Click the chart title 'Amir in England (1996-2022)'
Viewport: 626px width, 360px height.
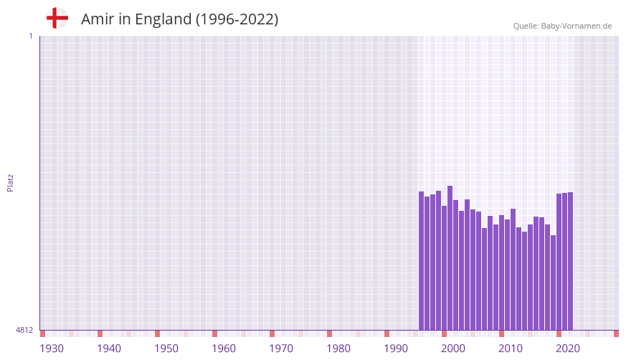coord(179,19)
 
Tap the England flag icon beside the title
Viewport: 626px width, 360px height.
coord(57,18)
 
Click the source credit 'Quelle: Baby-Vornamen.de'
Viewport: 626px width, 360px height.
coord(562,26)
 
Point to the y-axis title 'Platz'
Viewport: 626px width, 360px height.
coord(10,182)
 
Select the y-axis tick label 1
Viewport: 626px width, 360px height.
coord(30,36)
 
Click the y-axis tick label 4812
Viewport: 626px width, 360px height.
coord(24,330)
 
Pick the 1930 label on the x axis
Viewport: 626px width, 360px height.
coord(52,349)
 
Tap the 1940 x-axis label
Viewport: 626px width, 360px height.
coord(109,349)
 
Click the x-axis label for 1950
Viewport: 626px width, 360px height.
coord(166,349)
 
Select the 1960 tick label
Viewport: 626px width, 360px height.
coord(224,349)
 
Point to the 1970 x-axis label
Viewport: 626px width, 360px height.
coord(281,349)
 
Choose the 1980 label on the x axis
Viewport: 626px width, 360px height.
coord(338,349)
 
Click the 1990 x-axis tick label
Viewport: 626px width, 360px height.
coord(396,349)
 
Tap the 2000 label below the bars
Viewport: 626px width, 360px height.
coord(453,349)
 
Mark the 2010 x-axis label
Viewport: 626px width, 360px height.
coord(511,349)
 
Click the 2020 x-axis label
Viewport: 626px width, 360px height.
coord(568,349)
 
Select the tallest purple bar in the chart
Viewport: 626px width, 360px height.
coord(450,258)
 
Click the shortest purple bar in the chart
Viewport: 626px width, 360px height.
coord(553,283)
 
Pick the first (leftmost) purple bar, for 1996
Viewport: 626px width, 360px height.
coord(421,261)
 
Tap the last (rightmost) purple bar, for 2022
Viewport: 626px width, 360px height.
coord(570,261)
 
